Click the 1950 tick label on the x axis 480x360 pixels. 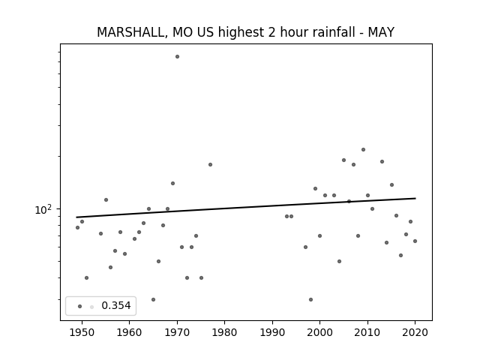point(82,332)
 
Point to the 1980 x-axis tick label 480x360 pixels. point(224,332)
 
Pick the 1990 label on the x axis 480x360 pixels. point(272,332)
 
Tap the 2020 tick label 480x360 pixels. point(415,332)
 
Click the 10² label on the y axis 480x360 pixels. point(43,209)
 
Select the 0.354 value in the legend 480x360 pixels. point(116,305)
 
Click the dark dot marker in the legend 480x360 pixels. point(80,307)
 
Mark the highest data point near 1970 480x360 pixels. point(177,57)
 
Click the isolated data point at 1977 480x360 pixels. point(210,165)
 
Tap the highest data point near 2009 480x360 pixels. point(363,150)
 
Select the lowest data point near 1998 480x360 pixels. point(310,300)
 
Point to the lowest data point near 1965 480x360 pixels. point(153,300)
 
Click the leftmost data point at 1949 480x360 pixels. point(77,228)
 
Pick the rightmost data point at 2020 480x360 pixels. point(415,241)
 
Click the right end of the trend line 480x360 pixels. point(415,198)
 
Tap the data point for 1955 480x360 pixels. point(106,200)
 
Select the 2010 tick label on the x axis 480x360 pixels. point(367,332)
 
